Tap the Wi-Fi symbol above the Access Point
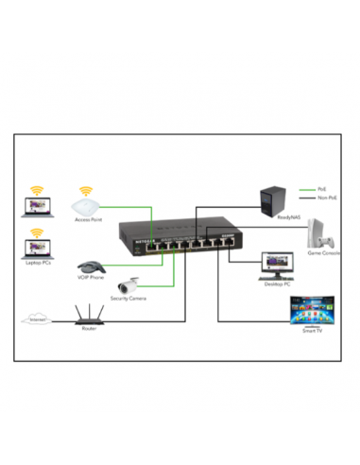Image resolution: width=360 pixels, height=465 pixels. [x=86, y=191]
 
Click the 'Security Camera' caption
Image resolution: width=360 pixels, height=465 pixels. [x=128, y=299]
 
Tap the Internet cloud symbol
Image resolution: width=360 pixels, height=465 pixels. [x=36, y=320]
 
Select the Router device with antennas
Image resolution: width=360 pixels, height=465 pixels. [x=90, y=317]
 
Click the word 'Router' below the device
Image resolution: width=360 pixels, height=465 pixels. [x=90, y=330]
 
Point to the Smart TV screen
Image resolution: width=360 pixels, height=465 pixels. [x=312, y=310]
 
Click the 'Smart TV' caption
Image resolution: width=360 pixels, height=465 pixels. [x=312, y=330]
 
